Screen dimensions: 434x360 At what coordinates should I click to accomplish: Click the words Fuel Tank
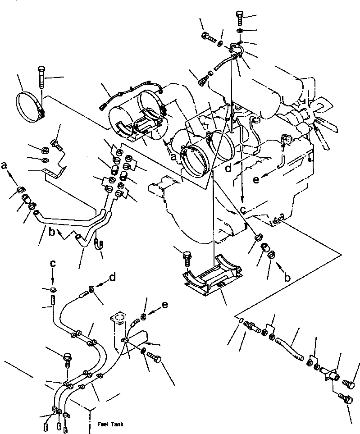110,425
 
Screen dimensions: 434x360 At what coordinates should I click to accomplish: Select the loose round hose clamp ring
30,106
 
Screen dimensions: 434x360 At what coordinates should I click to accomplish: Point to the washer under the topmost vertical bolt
240,30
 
